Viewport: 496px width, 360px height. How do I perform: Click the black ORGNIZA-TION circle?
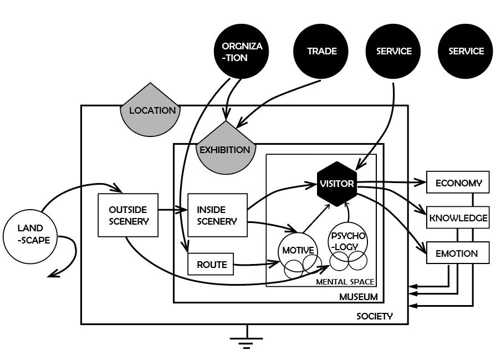coord(242,52)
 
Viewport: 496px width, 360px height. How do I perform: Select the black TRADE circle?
coord(321,52)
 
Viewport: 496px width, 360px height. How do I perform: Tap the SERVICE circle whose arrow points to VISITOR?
coord(394,52)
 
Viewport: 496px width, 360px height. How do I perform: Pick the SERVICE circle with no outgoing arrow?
coord(466,52)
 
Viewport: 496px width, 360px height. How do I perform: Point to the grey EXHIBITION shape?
coord(225,149)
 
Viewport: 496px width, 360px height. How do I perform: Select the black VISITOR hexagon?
coord(336,184)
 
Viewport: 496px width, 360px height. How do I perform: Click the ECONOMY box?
coord(458,183)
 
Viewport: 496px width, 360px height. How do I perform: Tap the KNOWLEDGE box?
coord(458,218)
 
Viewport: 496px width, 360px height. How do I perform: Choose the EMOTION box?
coord(457,253)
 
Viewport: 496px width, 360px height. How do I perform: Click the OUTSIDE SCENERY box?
coord(128,215)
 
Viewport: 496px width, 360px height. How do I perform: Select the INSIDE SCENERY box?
coord(217,215)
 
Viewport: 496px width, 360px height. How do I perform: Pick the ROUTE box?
coord(211,265)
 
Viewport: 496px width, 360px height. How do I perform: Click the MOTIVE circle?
coord(298,251)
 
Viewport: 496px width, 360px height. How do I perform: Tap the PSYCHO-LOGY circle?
coord(349,240)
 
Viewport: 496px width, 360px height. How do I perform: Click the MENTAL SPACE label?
coord(345,282)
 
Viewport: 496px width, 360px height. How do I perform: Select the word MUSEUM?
coord(358,297)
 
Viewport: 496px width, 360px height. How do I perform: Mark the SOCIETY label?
coord(375,317)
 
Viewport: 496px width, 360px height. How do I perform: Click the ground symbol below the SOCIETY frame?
coord(247,340)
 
